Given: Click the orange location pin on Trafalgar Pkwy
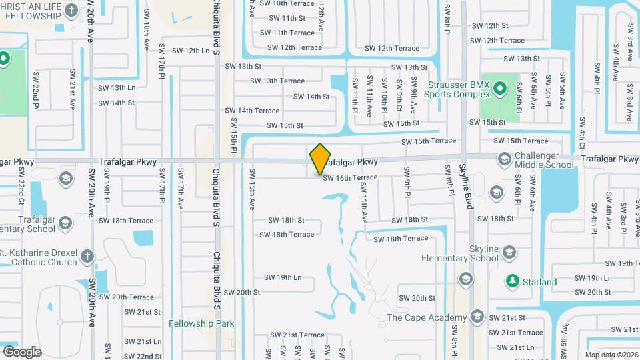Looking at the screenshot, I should coord(321,159).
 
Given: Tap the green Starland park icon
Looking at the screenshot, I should coord(511,280).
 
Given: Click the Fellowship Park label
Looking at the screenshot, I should coord(201,323).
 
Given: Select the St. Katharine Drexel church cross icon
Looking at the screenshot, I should coord(87,255).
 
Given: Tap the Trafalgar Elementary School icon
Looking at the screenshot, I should coord(65,222).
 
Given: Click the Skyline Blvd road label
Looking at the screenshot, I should coord(469,187).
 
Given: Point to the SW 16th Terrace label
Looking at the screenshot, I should coord(350,178).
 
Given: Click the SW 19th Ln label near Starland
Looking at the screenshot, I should coord(593,278).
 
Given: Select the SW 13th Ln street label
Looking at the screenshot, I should coord(117,87).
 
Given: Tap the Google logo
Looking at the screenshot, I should coord(22,351).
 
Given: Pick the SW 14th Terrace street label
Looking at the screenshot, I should coord(252,111).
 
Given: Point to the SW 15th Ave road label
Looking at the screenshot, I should coord(253,189).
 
